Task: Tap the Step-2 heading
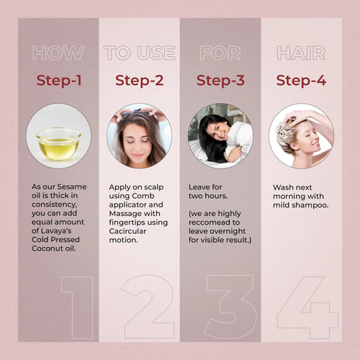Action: coord(139,80)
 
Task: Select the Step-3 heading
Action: coord(220,80)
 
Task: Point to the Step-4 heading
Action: coord(302,80)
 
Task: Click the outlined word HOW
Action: coord(58,53)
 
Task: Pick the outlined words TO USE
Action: coord(140,53)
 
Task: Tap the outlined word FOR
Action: coord(220,53)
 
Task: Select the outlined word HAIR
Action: coord(302,53)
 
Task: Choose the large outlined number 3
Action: coord(230,306)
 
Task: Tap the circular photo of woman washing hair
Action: coord(301,135)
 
